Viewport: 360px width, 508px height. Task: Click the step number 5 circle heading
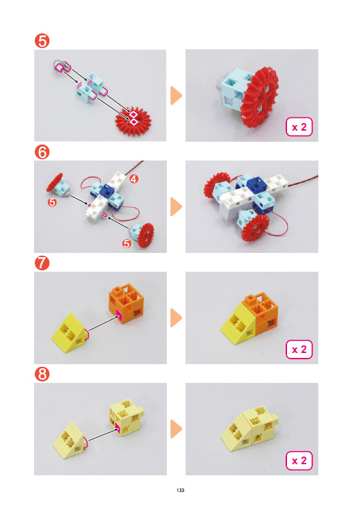pos(42,41)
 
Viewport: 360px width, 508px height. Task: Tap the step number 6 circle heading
pos(42,152)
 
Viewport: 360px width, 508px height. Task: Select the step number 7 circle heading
pos(42,263)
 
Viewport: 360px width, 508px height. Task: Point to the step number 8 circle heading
pos(42,374)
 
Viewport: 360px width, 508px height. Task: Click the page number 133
pos(180,490)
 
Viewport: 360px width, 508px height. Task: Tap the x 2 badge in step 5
pos(299,127)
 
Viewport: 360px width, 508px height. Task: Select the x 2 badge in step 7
pos(299,350)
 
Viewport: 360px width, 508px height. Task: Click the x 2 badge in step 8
pos(299,461)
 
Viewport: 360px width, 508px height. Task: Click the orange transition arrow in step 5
pos(176,96)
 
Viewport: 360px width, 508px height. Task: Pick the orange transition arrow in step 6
pos(176,206)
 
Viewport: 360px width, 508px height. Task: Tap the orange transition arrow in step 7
pos(176,318)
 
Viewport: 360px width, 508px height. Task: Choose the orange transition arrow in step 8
pos(176,429)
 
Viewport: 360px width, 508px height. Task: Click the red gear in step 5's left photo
pos(133,121)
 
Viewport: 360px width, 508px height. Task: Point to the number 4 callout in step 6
pos(134,179)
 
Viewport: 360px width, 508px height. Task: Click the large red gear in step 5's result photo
pos(260,98)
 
